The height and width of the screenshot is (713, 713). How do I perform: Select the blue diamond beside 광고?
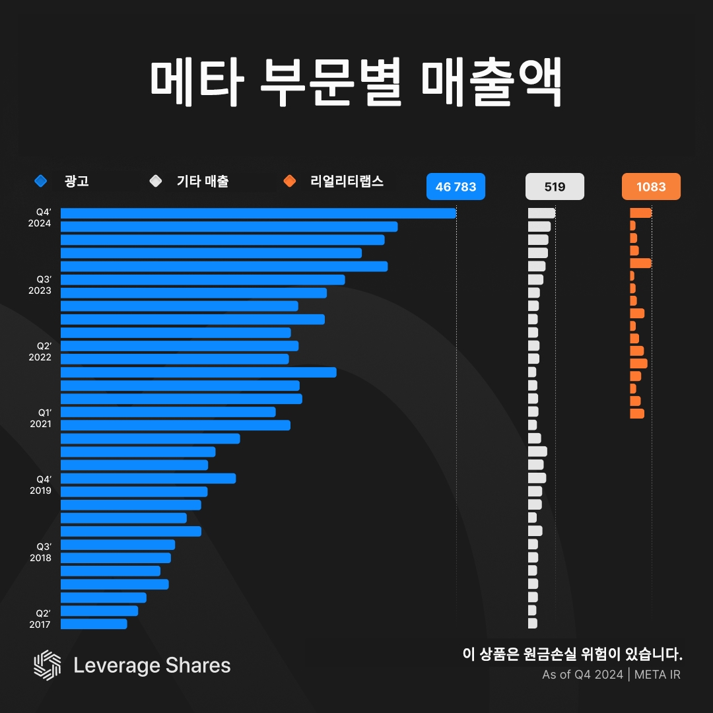point(41,180)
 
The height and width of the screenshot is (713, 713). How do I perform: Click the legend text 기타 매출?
point(203,181)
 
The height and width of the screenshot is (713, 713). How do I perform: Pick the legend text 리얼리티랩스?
point(347,181)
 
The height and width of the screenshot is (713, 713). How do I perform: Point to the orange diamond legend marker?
point(289,180)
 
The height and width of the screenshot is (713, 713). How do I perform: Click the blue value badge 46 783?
point(456,187)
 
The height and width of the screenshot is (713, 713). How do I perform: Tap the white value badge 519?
point(555,187)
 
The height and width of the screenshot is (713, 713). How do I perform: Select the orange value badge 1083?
point(651,187)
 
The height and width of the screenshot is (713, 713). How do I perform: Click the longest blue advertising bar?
point(258,213)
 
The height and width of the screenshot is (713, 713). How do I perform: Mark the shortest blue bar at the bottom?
point(94,624)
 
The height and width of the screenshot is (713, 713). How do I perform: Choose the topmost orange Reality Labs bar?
point(640,213)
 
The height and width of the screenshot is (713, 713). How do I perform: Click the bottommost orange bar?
point(636,413)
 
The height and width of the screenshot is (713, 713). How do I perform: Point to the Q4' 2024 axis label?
point(40,218)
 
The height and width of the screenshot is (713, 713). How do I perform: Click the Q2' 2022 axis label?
point(40,351)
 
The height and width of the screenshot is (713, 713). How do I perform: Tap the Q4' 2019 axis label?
point(40,485)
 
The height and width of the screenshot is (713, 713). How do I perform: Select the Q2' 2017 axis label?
point(40,618)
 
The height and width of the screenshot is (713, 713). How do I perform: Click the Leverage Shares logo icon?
point(47,665)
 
